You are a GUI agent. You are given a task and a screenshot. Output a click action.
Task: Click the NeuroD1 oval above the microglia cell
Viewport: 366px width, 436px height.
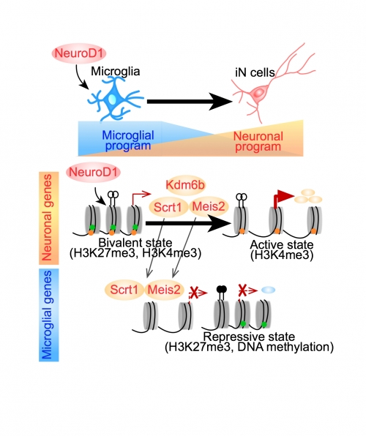pyautogui.click(x=79, y=53)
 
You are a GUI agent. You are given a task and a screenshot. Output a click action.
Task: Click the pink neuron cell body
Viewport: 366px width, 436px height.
pyautogui.click(x=259, y=93)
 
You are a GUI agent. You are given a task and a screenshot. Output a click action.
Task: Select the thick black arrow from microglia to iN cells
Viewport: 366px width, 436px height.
pyautogui.click(x=190, y=102)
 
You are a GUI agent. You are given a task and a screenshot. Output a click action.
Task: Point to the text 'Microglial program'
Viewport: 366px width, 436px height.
pyautogui.click(x=128, y=140)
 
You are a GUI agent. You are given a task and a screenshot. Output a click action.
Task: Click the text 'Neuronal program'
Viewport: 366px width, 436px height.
pyautogui.click(x=258, y=141)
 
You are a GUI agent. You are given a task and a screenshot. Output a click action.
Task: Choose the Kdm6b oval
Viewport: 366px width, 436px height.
pyautogui.click(x=185, y=184)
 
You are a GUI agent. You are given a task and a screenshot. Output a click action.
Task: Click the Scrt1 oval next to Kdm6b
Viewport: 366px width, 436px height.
pyautogui.click(x=168, y=207)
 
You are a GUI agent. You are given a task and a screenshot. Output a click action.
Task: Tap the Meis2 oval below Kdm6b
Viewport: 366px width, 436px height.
pyautogui.click(x=209, y=206)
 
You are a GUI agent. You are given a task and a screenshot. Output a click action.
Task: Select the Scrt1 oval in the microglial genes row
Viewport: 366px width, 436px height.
pyautogui.click(x=124, y=290)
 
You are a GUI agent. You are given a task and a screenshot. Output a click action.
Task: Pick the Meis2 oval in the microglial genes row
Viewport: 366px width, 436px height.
pyautogui.click(x=164, y=290)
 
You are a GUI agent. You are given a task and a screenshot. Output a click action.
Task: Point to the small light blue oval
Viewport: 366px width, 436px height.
pyautogui.click(x=269, y=290)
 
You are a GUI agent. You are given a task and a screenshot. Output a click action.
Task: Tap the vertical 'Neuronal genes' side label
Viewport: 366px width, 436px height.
pyautogui.click(x=48, y=218)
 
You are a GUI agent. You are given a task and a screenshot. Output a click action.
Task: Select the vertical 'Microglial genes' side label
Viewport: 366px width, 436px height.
pyautogui.click(x=48, y=315)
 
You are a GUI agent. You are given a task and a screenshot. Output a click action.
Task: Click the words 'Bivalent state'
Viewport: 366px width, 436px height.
pyautogui.click(x=135, y=243)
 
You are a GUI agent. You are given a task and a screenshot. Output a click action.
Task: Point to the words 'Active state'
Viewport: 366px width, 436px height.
pyautogui.click(x=282, y=244)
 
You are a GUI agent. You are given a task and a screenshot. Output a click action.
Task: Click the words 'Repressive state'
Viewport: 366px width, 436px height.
pyautogui.click(x=249, y=337)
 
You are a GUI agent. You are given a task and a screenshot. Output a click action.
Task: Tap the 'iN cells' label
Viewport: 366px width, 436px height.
pyautogui.click(x=255, y=73)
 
